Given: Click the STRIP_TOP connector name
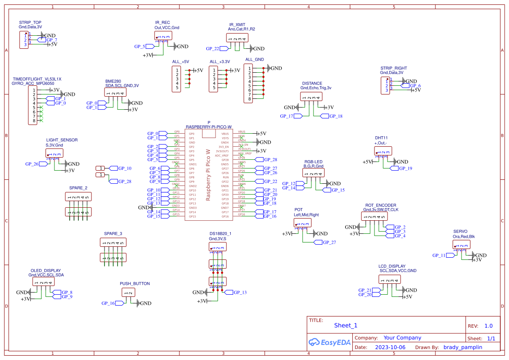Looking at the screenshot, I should pyautogui.click(x=30, y=22).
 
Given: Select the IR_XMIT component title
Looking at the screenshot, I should pyautogui.click(x=237, y=25).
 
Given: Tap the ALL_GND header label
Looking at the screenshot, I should pyautogui.click(x=254, y=60).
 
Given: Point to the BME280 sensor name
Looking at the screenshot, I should pyautogui.click(x=113, y=81).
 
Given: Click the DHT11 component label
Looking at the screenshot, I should pyautogui.click(x=381, y=138).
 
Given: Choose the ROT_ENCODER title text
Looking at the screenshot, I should pyautogui.click(x=381, y=205).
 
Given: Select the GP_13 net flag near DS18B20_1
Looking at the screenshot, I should pyautogui.click(x=239, y=293).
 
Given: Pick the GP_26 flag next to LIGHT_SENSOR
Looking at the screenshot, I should pyautogui.click(x=32, y=164).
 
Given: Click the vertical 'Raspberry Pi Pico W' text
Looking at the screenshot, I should pyautogui.click(x=208, y=175).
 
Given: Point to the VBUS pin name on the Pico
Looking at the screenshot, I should pyautogui.click(x=225, y=134).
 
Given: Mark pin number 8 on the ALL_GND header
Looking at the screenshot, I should pyautogui.click(x=249, y=99).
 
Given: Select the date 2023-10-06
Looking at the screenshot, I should pyautogui.click(x=390, y=347).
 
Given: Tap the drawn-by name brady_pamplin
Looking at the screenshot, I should pyautogui.click(x=463, y=347).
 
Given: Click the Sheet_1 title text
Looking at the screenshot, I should pyautogui.click(x=346, y=325).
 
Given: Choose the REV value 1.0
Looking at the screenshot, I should pyautogui.click(x=489, y=326).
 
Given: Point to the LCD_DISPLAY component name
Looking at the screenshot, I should pyautogui.click(x=392, y=266).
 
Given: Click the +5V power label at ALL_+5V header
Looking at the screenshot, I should pyautogui.click(x=198, y=71).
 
